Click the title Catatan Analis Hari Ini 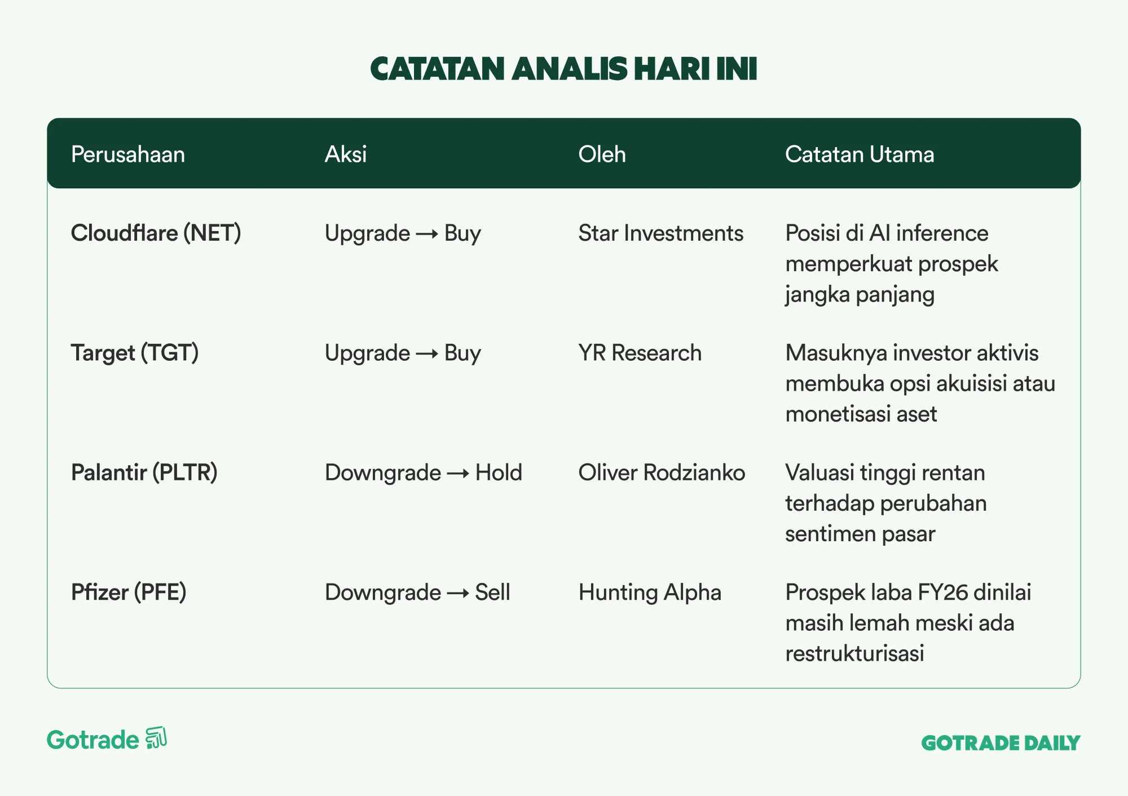click(563, 69)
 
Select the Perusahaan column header click(128, 154)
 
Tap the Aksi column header click(346, 154)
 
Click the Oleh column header click(602, 154)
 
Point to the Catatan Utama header click(860, 154)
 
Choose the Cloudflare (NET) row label click(156, 233)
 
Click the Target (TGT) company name click(135, 353)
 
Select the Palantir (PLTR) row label click(144, 472)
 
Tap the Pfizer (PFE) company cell click(129, 592)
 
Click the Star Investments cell click(661, 233)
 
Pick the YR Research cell click(640, 353)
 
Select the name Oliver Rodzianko click(662, 472)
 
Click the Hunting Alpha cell click(650, 592)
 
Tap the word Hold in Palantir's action click(499, 472)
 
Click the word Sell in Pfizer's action click(492, 592)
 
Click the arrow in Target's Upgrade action click(427, 354)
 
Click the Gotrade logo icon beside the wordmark click(156, 738)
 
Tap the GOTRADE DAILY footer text click(1001, 743)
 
